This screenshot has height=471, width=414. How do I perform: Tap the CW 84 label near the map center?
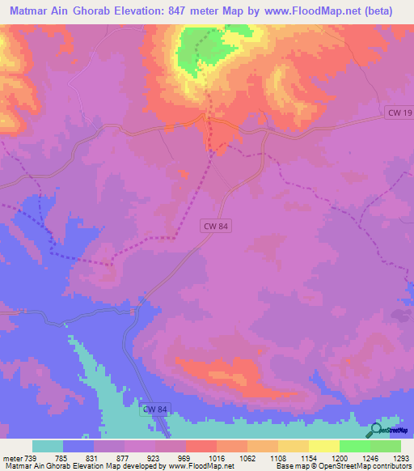(217, 228)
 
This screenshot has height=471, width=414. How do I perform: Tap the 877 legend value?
(124, 458)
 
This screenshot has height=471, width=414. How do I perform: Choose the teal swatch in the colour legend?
(48, 446)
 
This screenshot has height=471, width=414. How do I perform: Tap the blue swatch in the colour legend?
(78, 446)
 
